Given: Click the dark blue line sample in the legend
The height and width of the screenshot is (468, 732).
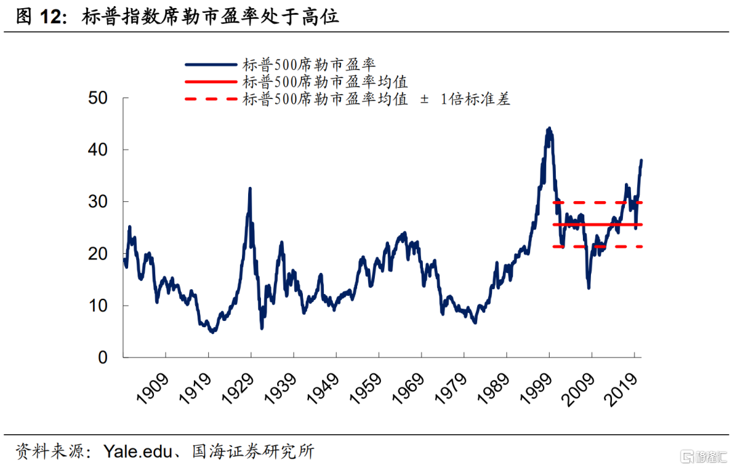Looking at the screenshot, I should click(x=210, y=65).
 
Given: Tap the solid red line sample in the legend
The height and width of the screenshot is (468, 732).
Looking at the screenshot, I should click(x=210, y=82).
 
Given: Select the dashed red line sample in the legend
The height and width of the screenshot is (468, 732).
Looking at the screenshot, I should click(x=210, y=99).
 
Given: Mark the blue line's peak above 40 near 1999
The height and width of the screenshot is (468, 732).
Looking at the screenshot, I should click(x=548, y=128).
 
